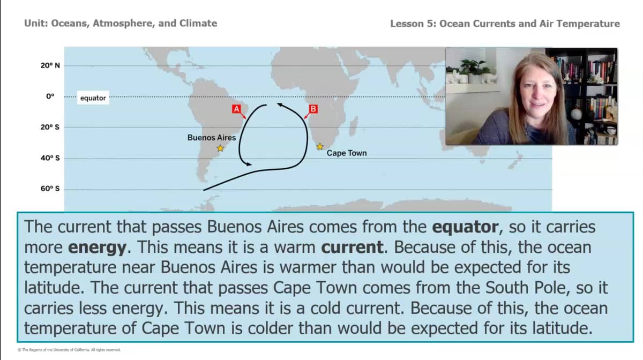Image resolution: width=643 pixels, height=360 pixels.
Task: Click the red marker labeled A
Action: pyautogui.click(x=236, y=109)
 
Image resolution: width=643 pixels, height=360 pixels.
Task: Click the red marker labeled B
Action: pyautogui.click(x=313, y=109)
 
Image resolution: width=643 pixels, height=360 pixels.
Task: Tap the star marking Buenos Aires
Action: pyautogui.click(x=220, y=148)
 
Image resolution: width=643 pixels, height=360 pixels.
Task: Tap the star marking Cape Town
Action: pyautogui.click(x=320, y=146)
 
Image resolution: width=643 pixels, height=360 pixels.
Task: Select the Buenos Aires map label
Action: pyautogui.click(x=211, y=138)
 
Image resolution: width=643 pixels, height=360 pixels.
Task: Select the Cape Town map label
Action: pyautogui.click(x=347, y=153)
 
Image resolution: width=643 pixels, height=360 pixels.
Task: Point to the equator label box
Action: pyautogui.click(x=93, y=98)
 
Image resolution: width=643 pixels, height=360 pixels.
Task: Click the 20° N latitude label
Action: pyautogui.click(x=50, y=65)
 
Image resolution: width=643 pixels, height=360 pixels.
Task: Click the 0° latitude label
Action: pyautogui.click(x=50, y=96)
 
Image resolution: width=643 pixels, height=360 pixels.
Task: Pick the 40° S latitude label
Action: pyautogui.click(x=50, y=158)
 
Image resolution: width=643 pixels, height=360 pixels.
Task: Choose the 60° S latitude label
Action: pyautogui.click(x=50, y=189)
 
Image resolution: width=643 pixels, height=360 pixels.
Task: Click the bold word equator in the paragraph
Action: pyautogui.click(x=465, y=227)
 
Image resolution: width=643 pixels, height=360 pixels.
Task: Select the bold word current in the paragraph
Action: pyautogui.click(x=353, y=247)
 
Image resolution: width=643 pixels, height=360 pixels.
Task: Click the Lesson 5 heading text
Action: pyautogui.click(x=505, y=24)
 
